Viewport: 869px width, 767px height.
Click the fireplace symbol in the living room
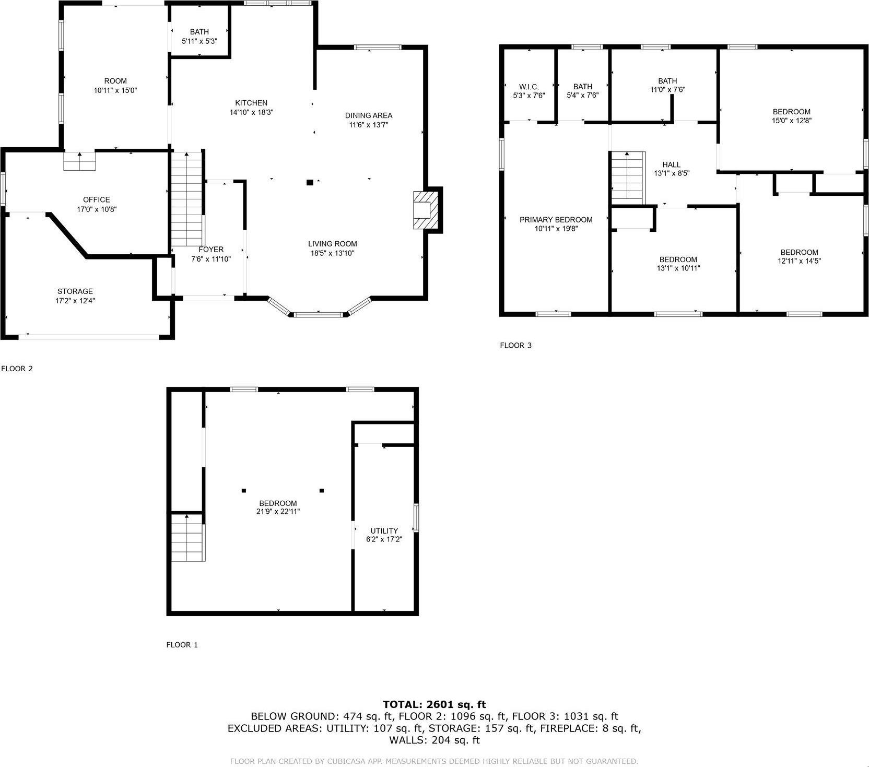tap(424, 210)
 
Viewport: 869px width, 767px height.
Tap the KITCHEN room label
tap(251, 103)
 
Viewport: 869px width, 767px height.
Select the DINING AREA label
tap(368, 115)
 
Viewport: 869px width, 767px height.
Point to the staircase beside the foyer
tap(187, 199)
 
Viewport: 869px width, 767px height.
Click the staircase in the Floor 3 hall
tap(627, 178)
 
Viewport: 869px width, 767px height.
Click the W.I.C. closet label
tap(529, 87)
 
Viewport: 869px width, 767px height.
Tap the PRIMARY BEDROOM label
tap(556, 220)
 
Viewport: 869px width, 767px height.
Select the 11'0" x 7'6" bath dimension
tap(667, 90)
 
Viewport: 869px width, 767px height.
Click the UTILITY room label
tap(384, 530)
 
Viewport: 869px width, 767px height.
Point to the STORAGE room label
tap(75, 291)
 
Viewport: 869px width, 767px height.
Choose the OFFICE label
tap(97, 199)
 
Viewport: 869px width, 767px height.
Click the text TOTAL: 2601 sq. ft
tap(434, 704)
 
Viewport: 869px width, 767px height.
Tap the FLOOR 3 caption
tap(515, 345)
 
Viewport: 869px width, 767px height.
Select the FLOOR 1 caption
tap(182, 645)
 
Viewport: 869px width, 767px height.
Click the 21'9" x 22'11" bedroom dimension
tap(278, 512)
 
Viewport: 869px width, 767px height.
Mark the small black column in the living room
tap(310, 182)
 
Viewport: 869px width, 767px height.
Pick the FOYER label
tap(211, 250)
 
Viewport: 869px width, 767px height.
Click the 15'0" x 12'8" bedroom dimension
tap(791, 120)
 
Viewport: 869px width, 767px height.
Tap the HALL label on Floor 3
tap(671, 164)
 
